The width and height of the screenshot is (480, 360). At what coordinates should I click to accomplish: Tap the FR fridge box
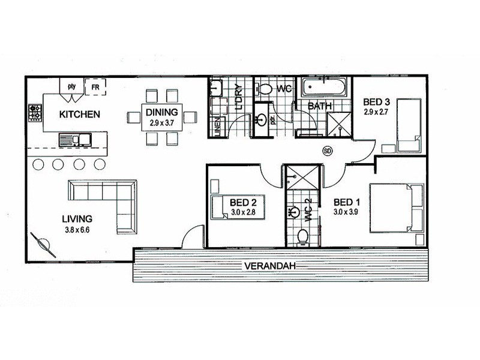95,88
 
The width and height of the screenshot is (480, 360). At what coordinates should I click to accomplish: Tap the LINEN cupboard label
217,125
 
